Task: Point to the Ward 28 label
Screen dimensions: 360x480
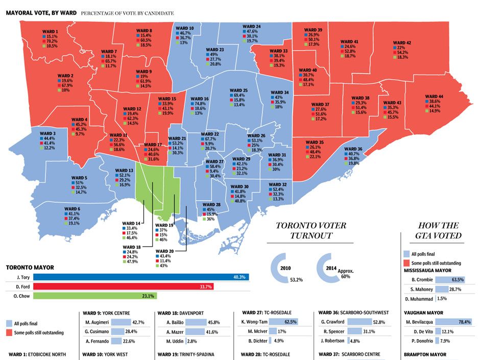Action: click(210, 204)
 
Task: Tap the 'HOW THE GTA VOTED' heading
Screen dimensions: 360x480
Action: click(440, 230)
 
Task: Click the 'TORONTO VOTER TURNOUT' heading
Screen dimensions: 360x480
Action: click(310, 230)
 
